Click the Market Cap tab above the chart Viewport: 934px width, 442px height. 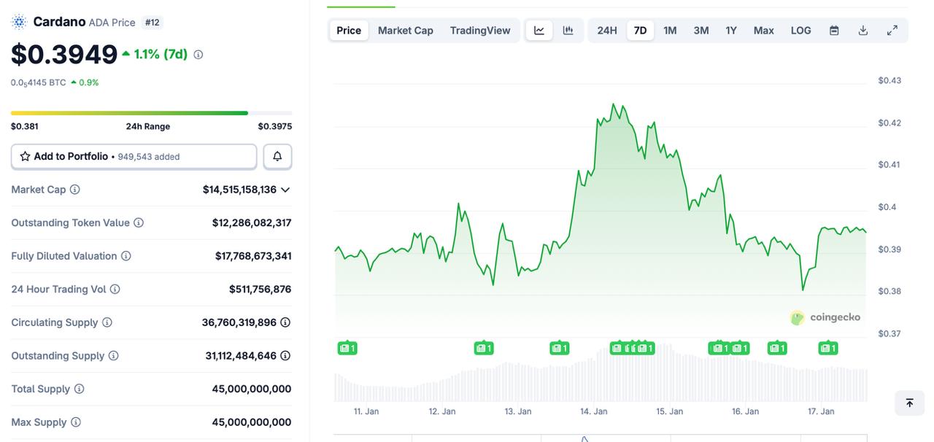[x=405, y=31]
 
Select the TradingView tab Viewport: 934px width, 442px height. [x=480, y=31]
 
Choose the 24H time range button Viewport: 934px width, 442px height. [x=607, y=31]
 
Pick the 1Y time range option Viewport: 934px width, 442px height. [x=731, y=31]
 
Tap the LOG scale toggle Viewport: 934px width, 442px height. [x=800, y=31]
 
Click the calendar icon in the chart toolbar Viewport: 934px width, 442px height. [x=834, y=31]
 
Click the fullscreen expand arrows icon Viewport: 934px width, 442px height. [x=892, y=31]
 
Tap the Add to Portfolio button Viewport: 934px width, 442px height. [x=134, y=157]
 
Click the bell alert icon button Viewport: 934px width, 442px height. [x=277, y=157]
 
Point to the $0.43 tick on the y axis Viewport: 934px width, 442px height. [x=889, y=80]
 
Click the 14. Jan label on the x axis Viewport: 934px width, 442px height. [x=594, y=411]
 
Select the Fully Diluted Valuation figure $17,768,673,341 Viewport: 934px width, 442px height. [x=253, y=256]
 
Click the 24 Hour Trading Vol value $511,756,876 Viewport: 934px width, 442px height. [x=260, y=290]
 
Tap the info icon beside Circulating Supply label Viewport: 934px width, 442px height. [x=107, y=322]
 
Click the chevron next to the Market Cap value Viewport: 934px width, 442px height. [x=285, y=190]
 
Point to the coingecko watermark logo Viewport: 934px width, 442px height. [x=825, y=317]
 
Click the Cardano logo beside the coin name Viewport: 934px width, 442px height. [x=19, y=22]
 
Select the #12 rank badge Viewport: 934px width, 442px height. [x=152, y=23]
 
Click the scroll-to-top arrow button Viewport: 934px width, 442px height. [x=909, y=403]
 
